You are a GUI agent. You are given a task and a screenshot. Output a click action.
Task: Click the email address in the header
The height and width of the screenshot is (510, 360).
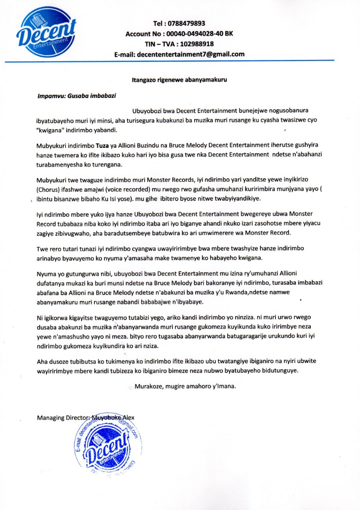[190, 54]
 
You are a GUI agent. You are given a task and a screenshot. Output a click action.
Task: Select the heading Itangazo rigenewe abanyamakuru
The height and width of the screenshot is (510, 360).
[179, 80]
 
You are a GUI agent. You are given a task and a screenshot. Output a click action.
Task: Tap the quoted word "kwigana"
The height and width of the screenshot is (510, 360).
[52, 130]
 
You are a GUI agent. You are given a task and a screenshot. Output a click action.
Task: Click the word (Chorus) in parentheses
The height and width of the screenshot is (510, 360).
[49, 189]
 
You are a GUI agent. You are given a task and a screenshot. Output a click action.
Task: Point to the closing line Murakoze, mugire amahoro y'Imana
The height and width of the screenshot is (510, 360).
[185, 386]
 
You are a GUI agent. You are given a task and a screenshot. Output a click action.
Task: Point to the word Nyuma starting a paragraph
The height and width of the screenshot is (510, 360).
[46, 274]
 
